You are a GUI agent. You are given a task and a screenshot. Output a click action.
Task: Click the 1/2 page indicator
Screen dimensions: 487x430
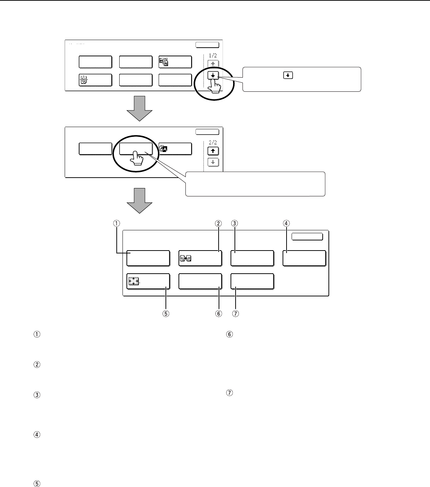(x=213, y=56)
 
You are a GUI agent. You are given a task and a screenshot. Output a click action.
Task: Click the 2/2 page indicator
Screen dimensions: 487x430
(x=213, y=143)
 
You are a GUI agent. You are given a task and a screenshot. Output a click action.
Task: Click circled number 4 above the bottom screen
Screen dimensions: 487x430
(x=286, y=223)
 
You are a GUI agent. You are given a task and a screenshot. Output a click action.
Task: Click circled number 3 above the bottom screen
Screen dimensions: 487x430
(x=235, y=223)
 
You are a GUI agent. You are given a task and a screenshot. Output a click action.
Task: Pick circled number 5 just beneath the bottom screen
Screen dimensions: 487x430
(x=165, y=313)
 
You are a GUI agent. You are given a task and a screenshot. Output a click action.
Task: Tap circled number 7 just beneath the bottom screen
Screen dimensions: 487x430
(x=235, y=313)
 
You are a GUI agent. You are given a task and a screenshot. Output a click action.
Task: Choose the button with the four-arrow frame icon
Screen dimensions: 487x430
(x=148, y=281)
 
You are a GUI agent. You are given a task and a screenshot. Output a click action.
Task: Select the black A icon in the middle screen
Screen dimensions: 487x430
(x=164, y=149)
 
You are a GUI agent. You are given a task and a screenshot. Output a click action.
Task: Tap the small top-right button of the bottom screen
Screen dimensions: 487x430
(x=307, y=236)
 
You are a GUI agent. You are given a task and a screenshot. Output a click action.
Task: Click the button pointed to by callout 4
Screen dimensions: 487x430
(x=304, y=258)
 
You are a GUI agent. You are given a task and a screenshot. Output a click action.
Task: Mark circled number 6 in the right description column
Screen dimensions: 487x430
(x=229, y=335)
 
